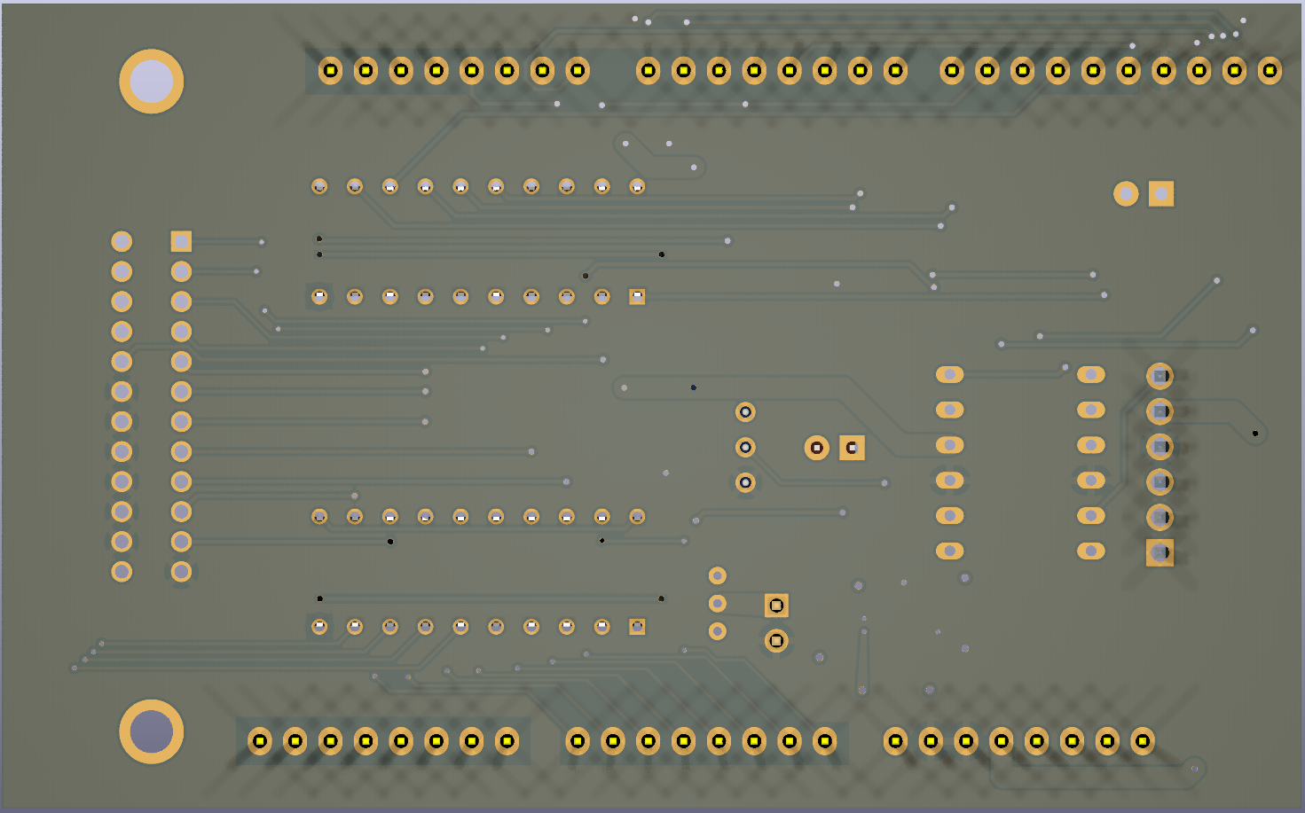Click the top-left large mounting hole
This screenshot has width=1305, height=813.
pyautogui.click(x=152, y=82)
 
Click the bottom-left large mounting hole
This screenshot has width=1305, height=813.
pyautogui.click(x=152, y=731)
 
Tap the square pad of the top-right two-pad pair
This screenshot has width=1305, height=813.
pyautogui.click(x=1161, y=193)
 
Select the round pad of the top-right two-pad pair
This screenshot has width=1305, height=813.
pyautogui.click(x=1126, y=193)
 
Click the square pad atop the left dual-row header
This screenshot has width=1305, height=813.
pyautogui.click(x=181, y=241)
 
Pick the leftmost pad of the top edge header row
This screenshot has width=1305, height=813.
pyautogui.click(x=330, y=70)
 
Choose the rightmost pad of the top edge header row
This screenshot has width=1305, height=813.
pyautogui.click(x=1270, y=70)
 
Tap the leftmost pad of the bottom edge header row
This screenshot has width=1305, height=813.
pyautogui.click(x=260, y=740)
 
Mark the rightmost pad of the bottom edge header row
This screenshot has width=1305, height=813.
pyautogui.click(x=1143, y=740)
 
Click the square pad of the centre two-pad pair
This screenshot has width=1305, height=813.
pyautogui.click(x=852, y=448)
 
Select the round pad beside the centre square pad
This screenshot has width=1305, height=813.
pyautogui.click(x=816, y=448)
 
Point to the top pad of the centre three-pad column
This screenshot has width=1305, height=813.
pyautogui.click(x=745, y=412)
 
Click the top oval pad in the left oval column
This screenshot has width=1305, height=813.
pyautogui.click(x=949, y=375)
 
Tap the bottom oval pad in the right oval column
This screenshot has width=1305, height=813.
pyautogui.click(x=1090, y=551)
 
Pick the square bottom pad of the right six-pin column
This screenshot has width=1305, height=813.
pyautogui.click(x=1160, y=552)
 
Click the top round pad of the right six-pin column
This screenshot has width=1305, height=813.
pyautogui.click(x=1160, y=376)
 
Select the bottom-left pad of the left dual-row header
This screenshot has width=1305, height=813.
pyautogui.click(x=122, y=571)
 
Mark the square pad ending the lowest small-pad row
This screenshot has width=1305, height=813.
pyautogui.click(x=637, y=627)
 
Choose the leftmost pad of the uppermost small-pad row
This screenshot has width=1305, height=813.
pyautogui.click(x=319, y=186)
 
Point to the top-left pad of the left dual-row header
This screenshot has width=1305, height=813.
pyautogui.click(x=122, y=241)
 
